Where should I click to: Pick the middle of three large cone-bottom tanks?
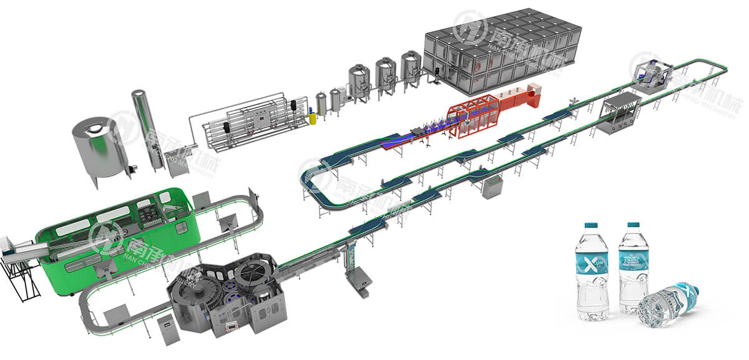(386, 78)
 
